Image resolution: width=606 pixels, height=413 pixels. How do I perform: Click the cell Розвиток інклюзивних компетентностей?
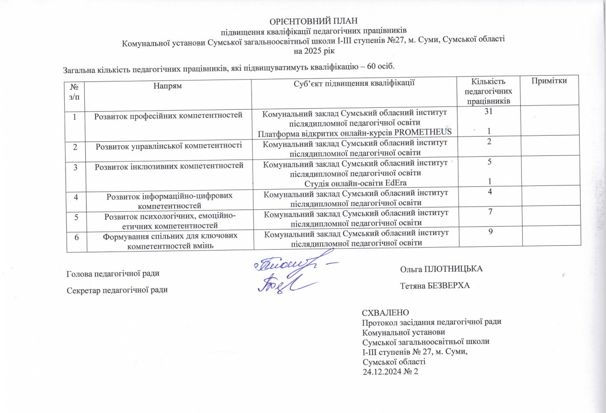point(168,167)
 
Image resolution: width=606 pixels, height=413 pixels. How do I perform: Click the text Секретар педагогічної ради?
point(117,289)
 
